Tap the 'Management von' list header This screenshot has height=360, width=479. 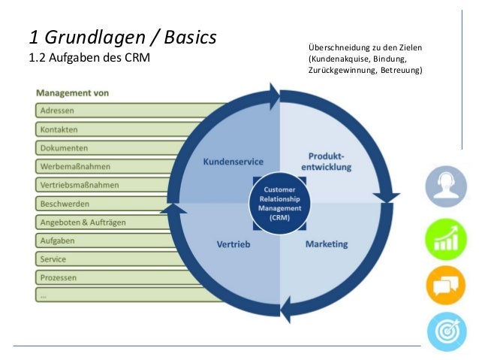(x=74, y=94)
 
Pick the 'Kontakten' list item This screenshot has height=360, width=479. (x=59, y=129)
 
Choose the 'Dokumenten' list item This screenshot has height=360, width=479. (x=64, y=147)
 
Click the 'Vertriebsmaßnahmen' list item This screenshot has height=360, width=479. (x=80, y=185)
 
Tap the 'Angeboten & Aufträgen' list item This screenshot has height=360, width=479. (x=83, y=222)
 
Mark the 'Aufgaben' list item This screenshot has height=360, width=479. (x=57, y=241)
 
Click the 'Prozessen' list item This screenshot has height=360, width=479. (x=60, y=277)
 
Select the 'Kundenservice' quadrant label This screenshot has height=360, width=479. (x=230, y=162)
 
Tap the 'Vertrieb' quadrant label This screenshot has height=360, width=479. (x=233, y=245)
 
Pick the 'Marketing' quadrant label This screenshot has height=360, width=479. (x=327, y=244)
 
